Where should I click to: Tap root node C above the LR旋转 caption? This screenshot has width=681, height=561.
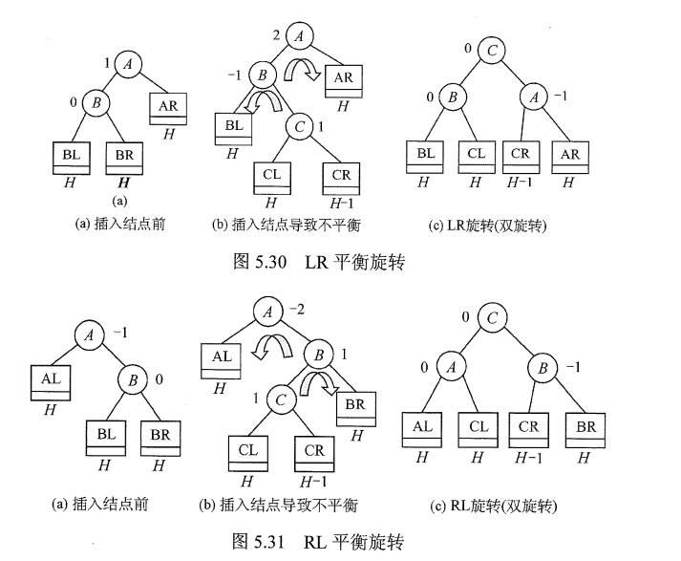point(491,48)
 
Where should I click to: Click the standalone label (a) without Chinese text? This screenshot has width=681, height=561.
point(119,201)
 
